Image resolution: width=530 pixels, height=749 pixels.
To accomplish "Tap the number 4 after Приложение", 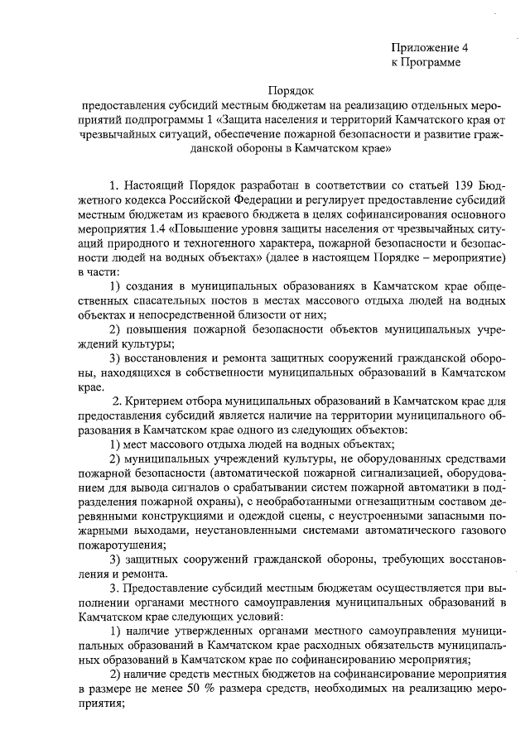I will (x=465, y=46).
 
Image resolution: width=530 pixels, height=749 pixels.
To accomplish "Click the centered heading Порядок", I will (x=292, y=91).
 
